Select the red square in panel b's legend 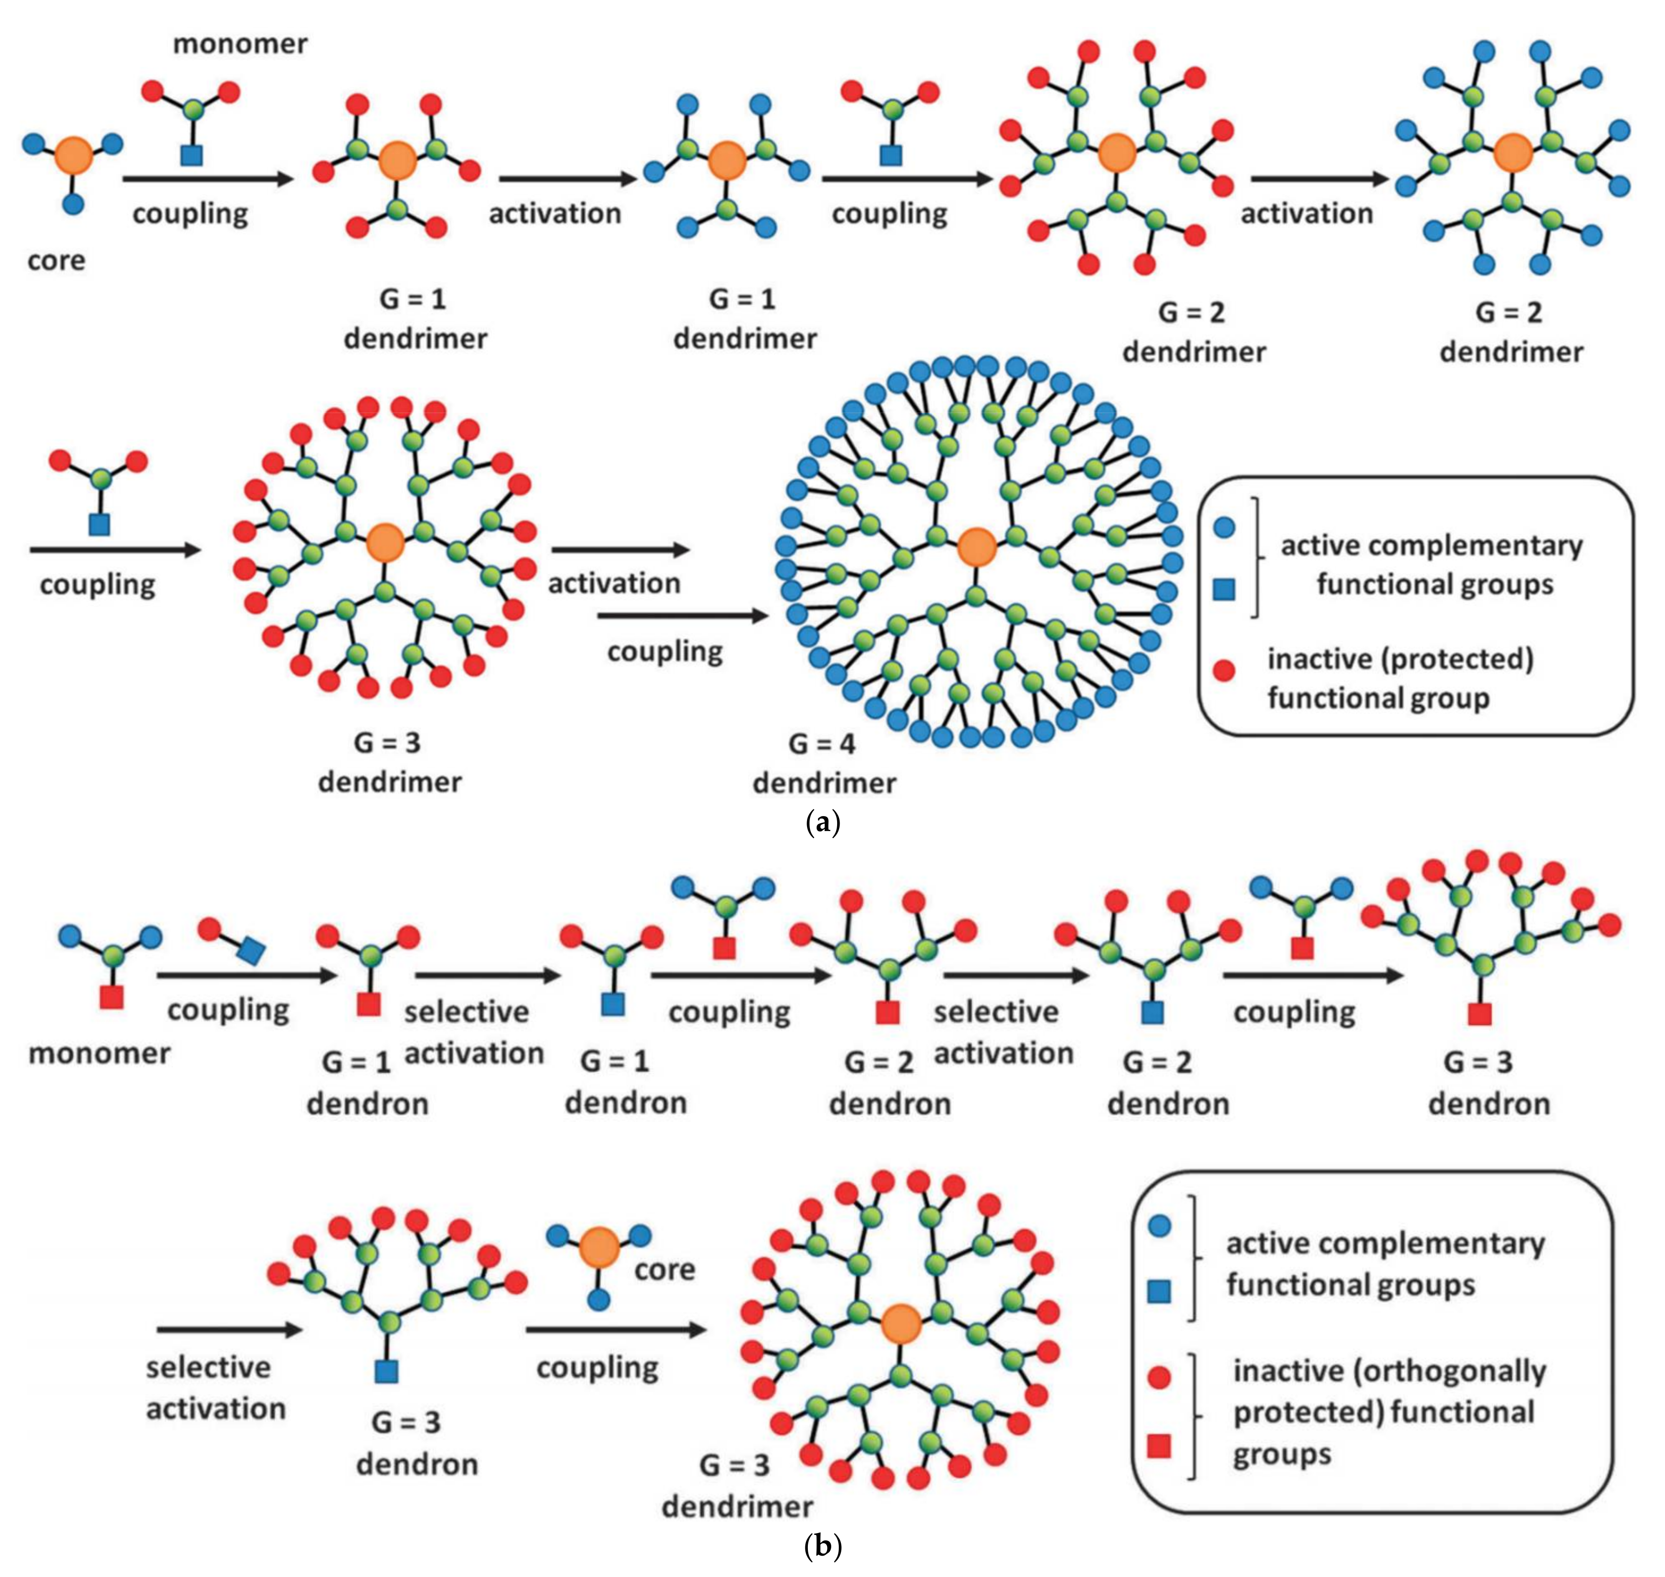coord(1159,1446)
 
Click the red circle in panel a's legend coord(1224,670)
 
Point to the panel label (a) coord(822,822)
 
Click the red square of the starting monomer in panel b coord(112,997)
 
